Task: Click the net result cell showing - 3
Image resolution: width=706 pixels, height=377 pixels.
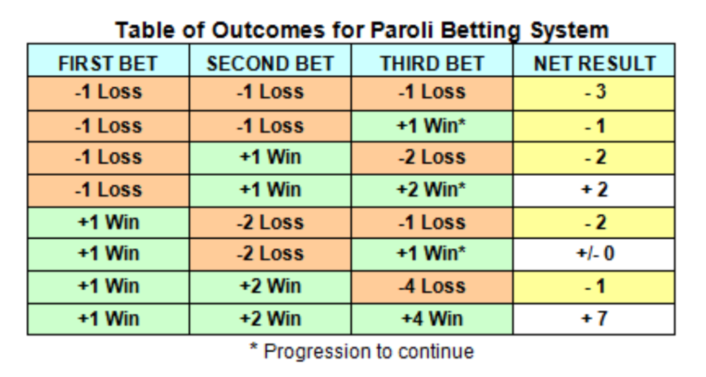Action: [x=594, y=93]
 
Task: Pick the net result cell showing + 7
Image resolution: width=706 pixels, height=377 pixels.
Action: [x=594, y=319]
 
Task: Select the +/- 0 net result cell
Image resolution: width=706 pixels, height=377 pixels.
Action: [x=594, y=254]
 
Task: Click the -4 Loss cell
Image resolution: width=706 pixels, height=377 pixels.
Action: [x=432, y=287]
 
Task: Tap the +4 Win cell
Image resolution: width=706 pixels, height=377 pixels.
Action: [x=432, y=319]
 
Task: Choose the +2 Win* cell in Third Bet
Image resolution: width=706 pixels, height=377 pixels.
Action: [x=432, y=190]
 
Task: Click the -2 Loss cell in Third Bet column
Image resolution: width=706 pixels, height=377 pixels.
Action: [x=432, y=158]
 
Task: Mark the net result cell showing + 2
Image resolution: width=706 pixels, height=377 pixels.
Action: [x=594, y=190]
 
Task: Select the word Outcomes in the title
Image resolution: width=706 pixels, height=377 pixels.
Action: [x=268, y=30]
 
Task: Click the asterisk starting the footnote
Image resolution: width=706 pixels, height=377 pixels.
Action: [x=254, y=347]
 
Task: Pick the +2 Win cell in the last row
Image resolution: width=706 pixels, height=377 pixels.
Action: [x=270, y=319]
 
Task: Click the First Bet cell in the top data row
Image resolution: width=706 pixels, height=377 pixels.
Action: [x=108, y=93]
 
